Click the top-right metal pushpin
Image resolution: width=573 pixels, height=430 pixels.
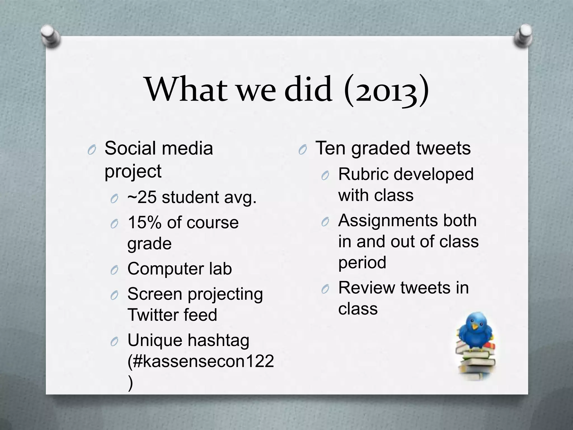point(523,36)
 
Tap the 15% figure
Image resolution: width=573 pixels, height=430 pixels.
point(144,223)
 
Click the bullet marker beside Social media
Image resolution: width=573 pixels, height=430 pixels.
point(91,150)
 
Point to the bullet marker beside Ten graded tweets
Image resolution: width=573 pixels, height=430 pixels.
point(302,150)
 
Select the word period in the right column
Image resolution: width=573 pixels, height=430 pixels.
point(362,263)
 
